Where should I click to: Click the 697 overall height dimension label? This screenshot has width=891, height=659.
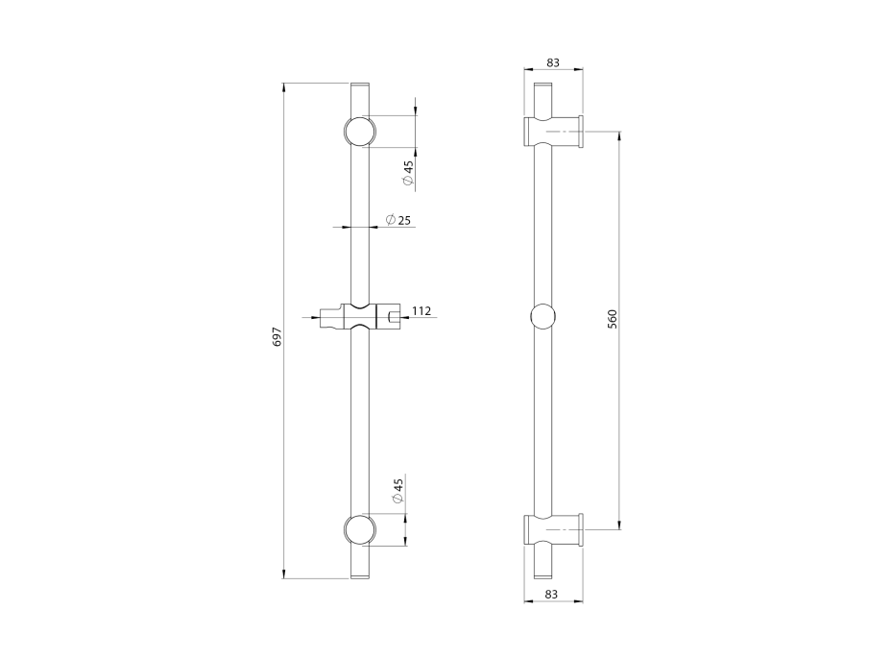click(277, 336)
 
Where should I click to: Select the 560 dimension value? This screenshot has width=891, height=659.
click(612, 319)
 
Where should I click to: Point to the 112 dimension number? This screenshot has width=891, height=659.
click(421, 310)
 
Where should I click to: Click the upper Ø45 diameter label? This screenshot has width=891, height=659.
click(408, 173)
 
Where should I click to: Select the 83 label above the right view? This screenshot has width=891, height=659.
click(553, 62)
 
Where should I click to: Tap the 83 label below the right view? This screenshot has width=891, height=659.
click(552, 595)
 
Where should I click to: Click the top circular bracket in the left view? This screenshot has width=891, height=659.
click(357, 132)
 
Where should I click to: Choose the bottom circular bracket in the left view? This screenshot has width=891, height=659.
click(357, 530)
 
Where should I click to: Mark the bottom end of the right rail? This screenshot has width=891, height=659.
click(542, 574)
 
